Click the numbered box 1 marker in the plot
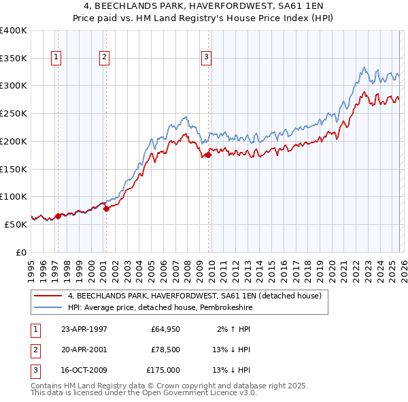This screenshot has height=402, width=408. click(55, 58)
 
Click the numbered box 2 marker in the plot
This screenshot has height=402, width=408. click(104, 58)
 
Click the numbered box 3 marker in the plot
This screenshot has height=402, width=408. click(205, 58)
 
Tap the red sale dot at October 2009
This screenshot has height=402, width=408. click(209, 155)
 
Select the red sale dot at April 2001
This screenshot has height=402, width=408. click(106, 208)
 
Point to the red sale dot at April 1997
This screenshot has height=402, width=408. click(58, 216)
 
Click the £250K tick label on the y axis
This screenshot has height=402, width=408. click(13, 113)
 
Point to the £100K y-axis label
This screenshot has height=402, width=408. click(13, 196)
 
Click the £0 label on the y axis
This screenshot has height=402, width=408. click(20, 251)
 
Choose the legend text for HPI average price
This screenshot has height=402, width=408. click(160, 308)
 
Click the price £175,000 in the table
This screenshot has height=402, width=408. click(163, 370)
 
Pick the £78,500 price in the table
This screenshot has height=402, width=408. click(165, 350)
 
